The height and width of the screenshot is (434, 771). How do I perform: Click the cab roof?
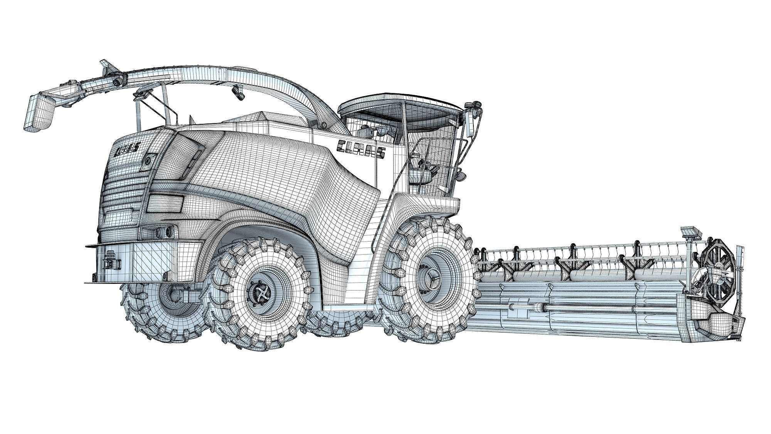[x=401, y=106]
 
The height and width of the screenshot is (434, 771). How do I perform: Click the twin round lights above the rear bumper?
[x=164, y=233]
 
